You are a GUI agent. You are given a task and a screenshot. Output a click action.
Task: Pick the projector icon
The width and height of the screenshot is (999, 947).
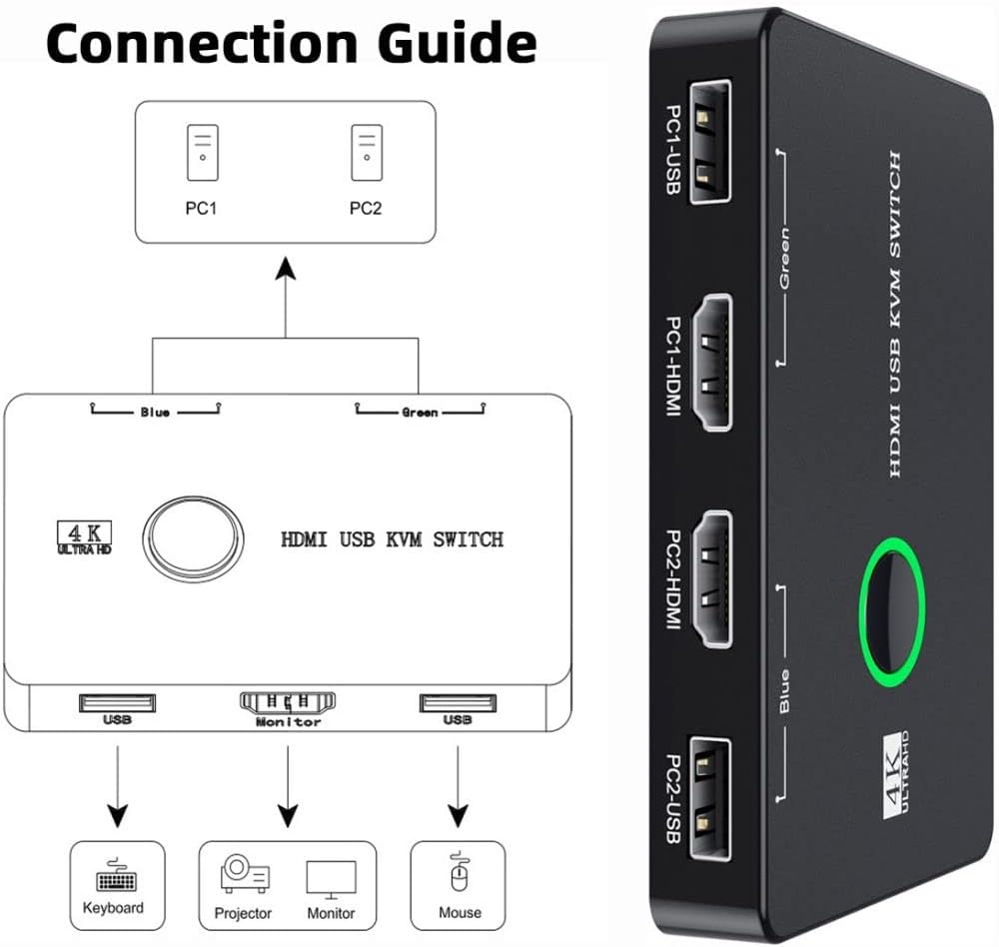pyautogui.click(x=244, y=875)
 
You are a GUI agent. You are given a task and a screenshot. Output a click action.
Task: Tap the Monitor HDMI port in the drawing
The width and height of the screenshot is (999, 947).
pyautogui.click(x=288, y=702)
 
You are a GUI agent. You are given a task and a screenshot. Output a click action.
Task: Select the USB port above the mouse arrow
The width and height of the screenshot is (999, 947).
pyautogui.click(x=458, y=702)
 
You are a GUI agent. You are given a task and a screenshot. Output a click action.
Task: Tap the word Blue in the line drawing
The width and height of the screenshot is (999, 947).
pyautogui.click(x=154, y=412)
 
